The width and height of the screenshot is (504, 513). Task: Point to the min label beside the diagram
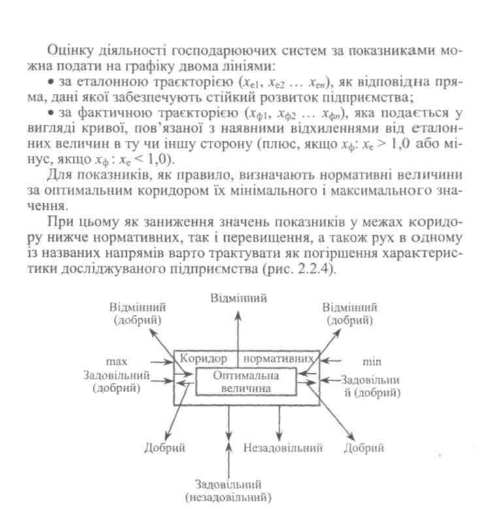[371, 361]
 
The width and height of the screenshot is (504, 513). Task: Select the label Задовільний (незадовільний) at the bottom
[228, 491]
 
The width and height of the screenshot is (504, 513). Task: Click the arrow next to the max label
[160, 360]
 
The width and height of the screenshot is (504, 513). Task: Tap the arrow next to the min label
[334, 360]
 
